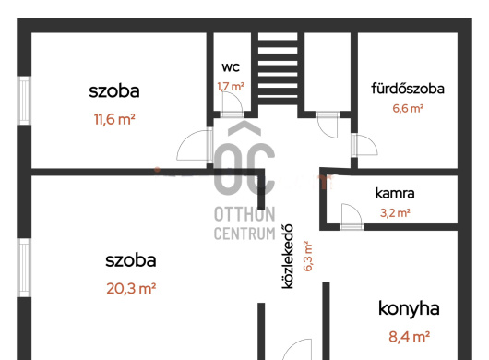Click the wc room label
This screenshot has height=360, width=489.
click(x=231, y=67)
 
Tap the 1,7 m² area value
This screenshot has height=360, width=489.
click(x=231, y=87)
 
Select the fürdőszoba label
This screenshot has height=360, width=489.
click(x=408, y=89)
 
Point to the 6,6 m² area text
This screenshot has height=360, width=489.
click(x=408, y=108)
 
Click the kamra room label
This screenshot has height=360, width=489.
click(x=395, y=193)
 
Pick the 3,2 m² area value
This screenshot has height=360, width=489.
click(x=395, y=213)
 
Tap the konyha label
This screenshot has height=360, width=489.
click(x=409, y=309)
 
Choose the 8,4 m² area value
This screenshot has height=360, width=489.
click(x=409, y=337)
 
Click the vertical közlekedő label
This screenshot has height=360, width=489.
click(x=288, y=256)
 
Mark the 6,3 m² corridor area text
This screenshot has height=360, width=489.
click(x=307, y=256)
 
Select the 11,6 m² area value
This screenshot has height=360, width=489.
click(x=114, y=119)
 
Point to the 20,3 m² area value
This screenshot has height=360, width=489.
click(x=131, y=289)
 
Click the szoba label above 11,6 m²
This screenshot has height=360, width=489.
click(x=114, y=91)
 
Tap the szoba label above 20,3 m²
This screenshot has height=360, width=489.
click(x=131, y=260)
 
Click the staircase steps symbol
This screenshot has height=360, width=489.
click(x=278, y=68)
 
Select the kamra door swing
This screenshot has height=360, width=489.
click(x=352, y=213)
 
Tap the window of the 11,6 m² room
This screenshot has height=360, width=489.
click(x=24, y=100)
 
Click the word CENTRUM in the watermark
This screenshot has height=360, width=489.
click(x=244, y=234)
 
